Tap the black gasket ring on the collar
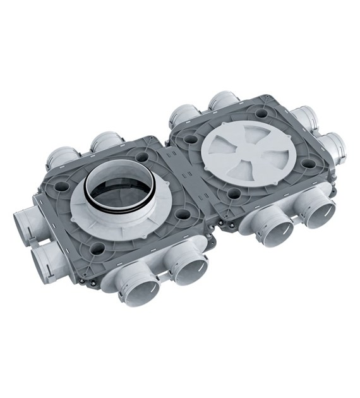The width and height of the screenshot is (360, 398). point(114,206)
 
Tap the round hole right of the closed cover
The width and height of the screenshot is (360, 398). point(308,162)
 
